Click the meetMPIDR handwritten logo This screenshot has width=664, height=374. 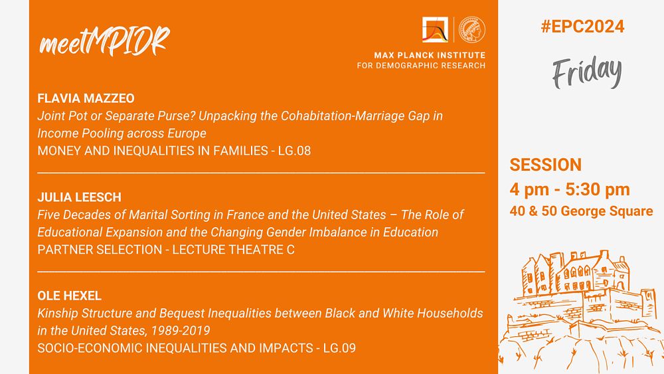pos(104,41)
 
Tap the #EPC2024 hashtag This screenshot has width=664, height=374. pos(582,27)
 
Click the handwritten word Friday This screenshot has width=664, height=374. pos(587,72)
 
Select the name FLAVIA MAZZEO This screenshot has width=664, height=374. pos(86,98)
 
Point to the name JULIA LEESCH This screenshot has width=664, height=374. pos(79,197)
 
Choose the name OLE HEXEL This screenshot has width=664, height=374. pos(70,296)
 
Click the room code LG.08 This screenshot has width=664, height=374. pos(294,151)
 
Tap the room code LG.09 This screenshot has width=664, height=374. pos(339,348)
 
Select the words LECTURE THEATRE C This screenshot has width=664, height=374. pos(233,250)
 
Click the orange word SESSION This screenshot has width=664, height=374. pos(545,165)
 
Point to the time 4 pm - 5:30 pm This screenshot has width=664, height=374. pos(570,189)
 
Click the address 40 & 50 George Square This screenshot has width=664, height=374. pos(581,211)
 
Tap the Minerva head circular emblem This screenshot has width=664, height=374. pos(472,30)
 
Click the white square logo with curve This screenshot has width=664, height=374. pos(435,30)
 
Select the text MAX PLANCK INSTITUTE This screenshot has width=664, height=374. pos(430,55)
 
